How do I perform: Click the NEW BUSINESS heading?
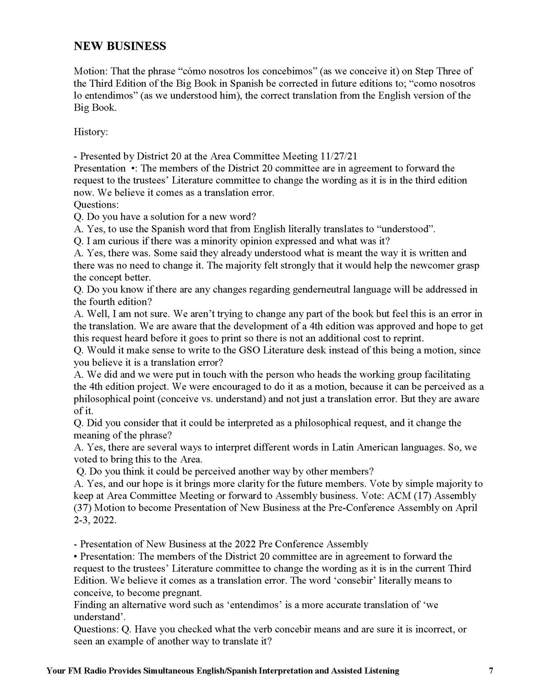point(120,46)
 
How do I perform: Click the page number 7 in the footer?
point(491,671)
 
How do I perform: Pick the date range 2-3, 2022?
point(95,520)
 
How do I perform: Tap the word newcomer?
point(427,265)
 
